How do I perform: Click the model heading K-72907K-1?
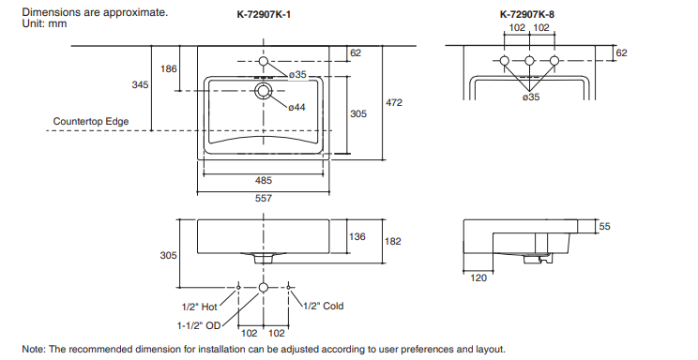[x=264, y=14]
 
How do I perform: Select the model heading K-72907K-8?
[x=527, y=14]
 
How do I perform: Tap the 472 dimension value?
[x=393, y=102]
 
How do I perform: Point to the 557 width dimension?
[x=263, y=198]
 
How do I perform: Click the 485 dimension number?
[x=263, y=180]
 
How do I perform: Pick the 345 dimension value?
[x=140, y=84]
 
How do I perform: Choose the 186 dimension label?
[x=168, y=68]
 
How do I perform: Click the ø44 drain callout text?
[x=296, y=107]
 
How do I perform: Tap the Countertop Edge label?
[x=91, y=121]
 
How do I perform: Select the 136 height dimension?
[x=357, y=236]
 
